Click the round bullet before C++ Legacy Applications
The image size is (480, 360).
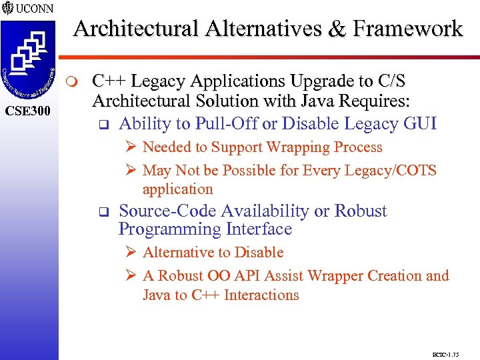73,83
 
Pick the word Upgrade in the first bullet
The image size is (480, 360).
325,81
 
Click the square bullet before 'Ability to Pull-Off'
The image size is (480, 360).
103,125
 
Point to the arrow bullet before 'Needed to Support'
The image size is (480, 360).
131,147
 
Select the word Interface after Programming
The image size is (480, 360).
259,229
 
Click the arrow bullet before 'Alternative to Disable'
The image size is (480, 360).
131,253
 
